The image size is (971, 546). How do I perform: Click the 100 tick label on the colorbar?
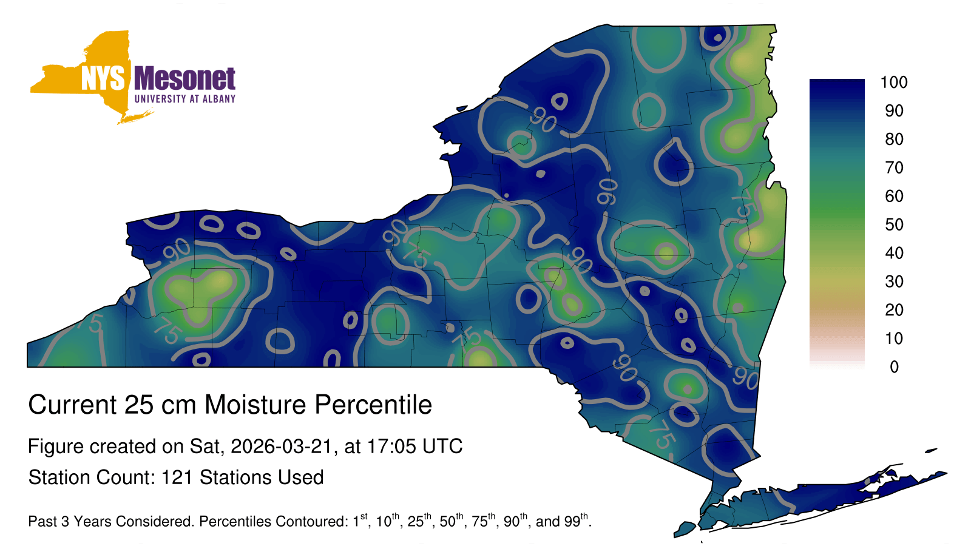tap(894, 82)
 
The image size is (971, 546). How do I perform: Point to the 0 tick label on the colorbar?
tap(895, 367)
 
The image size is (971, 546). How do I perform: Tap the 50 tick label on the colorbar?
tap(895, 224)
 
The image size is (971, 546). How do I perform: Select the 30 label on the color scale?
tap(895, 281)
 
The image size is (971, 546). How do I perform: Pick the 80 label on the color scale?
tap(895, 139)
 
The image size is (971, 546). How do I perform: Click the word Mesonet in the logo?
tap(184, 78)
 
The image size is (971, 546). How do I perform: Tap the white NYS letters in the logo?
tap(103, 78)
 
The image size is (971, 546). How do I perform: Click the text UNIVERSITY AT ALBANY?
tap(185, 99)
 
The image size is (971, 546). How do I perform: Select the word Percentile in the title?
tap(373, 405)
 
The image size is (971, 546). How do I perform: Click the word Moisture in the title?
tap(255, 405)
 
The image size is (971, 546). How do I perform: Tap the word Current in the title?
tap(72, 405)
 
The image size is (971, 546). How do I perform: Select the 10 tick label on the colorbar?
tap(894, 339)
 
